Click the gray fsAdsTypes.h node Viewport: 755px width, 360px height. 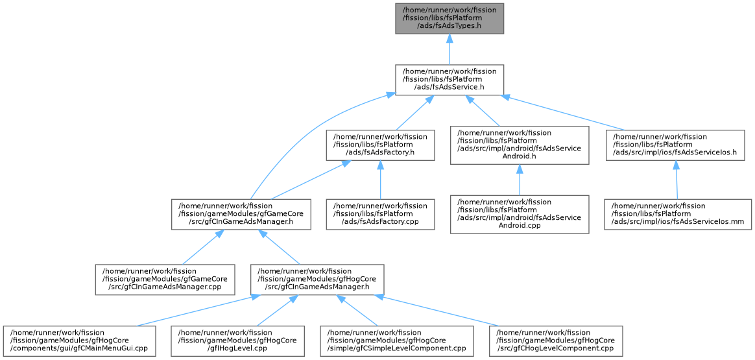449,18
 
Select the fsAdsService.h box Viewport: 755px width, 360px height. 449,79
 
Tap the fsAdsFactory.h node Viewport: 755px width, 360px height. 380,145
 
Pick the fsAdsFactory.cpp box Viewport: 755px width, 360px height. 380,214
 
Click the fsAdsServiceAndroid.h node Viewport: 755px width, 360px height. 520,145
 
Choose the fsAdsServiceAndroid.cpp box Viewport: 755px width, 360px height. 520,214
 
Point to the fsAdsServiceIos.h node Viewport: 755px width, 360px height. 675,145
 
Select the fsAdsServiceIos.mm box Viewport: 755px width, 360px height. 678,214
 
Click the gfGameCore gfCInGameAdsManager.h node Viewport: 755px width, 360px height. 241,214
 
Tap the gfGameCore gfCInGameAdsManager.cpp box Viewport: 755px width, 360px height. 165,280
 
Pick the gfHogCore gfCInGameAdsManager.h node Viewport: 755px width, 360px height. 317,280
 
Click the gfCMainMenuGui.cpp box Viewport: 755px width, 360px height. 79,341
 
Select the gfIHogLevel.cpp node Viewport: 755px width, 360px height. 237,341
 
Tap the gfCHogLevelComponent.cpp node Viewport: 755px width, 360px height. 556,341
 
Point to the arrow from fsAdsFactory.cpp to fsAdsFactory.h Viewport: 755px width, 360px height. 380,180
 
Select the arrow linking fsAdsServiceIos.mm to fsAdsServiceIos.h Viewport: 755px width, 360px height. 677,180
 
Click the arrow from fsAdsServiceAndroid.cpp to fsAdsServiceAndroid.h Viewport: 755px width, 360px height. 520,180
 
